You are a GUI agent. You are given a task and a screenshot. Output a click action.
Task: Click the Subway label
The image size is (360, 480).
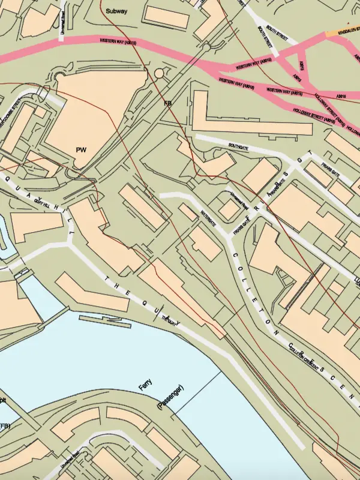click(x=116, y=11)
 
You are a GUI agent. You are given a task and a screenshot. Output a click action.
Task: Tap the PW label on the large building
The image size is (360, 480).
click(x=82, y=149)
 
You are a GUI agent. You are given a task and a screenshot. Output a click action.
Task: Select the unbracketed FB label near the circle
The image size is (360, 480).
click(x=168, y=103)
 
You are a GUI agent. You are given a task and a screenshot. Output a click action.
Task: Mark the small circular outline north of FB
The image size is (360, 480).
click(x=159, y=73)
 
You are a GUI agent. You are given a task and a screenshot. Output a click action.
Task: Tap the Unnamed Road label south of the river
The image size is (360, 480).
click(x=70, y=461)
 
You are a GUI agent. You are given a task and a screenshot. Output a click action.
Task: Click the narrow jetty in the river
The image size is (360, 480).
click(x=106, y=321)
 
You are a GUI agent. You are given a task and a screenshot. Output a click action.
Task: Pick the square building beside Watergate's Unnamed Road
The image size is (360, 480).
click(x=228, y=209)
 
